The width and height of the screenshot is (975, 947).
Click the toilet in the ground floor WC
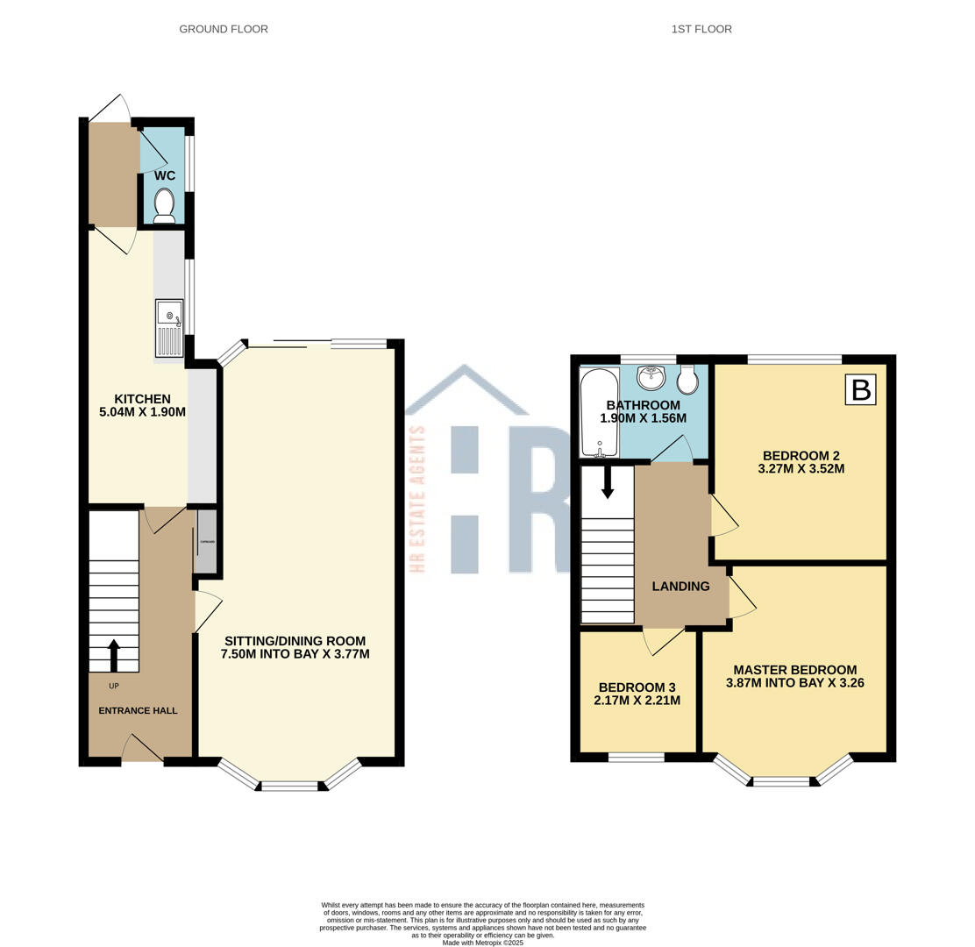[x=164, y=206]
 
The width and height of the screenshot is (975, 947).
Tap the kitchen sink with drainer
[x=169, y=328]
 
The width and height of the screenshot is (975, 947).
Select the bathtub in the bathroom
[x=600, y=412]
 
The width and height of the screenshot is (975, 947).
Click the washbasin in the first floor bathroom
[x=651, y=378]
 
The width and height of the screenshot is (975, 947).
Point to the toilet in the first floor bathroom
[x=687, y=380]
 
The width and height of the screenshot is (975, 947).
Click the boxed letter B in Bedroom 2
[x=860, y=389]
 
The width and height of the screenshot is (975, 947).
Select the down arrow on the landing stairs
[x=607, y=481]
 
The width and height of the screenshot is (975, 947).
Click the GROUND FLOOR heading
[x=224, y=29]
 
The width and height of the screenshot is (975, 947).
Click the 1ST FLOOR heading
[x=701, y=29]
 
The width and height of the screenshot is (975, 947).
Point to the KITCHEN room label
[x=142, y=399]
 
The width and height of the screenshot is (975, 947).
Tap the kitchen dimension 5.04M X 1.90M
[x=142, y=412]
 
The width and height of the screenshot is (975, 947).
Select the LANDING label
[x=680, y=587]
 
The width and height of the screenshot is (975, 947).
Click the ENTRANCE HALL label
[x=138, y=710]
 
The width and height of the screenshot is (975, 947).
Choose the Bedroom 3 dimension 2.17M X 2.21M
[x=637, y=701]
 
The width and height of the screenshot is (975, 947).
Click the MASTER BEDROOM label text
[x=794, y=669]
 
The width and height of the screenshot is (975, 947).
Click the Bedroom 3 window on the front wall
[x=636, y=757]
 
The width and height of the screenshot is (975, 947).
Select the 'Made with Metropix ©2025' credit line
[x=482, y=943]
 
